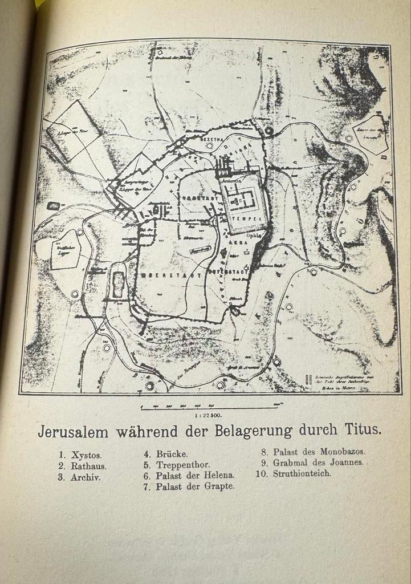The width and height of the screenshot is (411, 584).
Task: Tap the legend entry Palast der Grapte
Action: (195, 486)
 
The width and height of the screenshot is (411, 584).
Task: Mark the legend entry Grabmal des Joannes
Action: (318, 462)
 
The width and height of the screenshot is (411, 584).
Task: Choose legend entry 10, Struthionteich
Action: (302, 473)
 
